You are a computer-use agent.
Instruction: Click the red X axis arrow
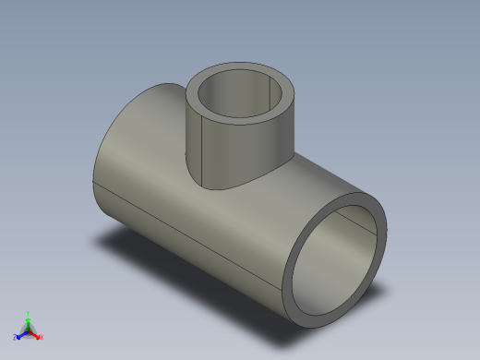(x=36, y=334)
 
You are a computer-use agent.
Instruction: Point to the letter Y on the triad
(x=29, y=313)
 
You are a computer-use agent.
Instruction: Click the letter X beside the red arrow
(x=42, y=337)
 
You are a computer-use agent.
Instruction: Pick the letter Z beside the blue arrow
(x=15, y=337)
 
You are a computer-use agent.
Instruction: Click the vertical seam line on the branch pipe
(x=201, y=148)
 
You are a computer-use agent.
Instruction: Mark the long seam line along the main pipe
(x=185, y=235)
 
